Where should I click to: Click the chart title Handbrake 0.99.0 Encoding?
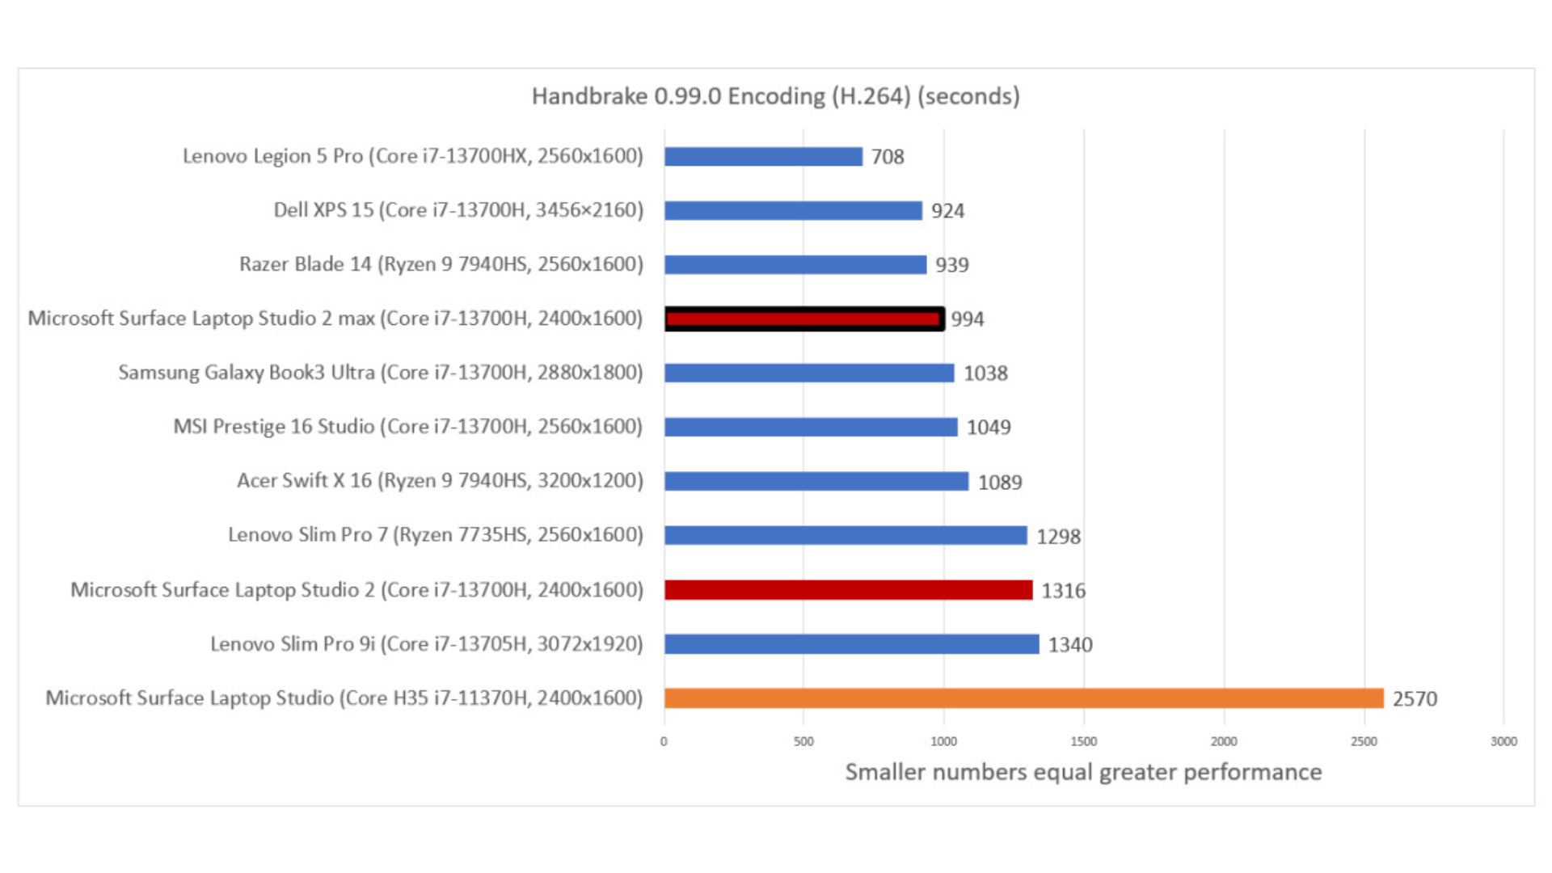click(x=775, y=96)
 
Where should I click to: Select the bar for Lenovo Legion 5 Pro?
click(x=763, y=156)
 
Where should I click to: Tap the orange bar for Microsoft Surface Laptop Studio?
click(x=1023, y=698)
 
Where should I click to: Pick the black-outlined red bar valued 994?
click(x=803, y=318)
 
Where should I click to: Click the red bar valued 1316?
click(x=848, y=590)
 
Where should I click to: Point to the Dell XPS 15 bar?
click(x=793, y=210)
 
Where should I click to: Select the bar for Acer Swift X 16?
click(x=816, y=481)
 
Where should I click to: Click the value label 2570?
click(x=1415, y=698)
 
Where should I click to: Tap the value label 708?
click(x=888, y=157)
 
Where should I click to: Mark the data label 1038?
click(x=985, y=373)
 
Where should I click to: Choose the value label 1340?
click(x=1070, y=645)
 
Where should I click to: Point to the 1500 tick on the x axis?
click(x=1084, y=741)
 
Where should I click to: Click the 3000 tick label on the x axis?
click(x=1503, y=741)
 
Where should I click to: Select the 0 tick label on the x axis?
click(x=664, y=741)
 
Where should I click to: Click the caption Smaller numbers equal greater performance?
click(x=1083, y=772)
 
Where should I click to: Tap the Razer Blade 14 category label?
click(x=441, y=264)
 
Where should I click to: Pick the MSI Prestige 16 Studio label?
click(x=408, y=426)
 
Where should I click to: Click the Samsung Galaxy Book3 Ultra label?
click(x=381, y=373)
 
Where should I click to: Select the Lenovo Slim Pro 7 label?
click(x=435, y=534)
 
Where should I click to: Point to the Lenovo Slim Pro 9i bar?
click(x=851, y=644)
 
